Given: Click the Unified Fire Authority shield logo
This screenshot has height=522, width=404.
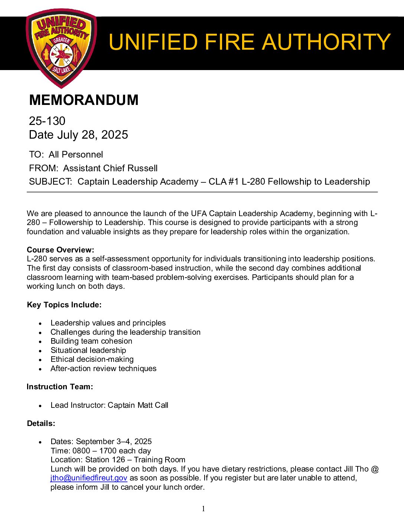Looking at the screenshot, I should [x=61, y=48].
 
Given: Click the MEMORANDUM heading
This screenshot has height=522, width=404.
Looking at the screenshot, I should [x=84, y=100].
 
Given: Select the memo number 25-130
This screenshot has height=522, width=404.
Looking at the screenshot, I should [x=47, y=121].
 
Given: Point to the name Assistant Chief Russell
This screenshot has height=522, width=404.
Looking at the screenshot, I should [x=110, y=168].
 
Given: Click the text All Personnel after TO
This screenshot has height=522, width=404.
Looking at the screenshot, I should [x=76, y=155].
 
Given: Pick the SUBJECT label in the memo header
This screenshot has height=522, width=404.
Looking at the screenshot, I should [x=50, y=182].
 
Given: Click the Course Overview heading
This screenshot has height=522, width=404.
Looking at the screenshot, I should [x=61, y=250].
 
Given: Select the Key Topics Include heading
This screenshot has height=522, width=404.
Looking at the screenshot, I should [x=64, y=305].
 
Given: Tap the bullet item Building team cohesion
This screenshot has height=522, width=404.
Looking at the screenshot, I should [x=91, y=341].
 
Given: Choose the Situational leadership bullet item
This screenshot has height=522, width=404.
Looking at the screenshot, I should [x=88, y=350].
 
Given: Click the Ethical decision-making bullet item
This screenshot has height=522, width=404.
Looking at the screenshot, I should [x=92, y=359].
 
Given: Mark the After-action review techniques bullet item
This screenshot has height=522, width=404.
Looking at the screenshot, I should [x=104, y=369].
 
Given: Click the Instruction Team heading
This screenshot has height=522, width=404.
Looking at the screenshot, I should [x=60, y=387].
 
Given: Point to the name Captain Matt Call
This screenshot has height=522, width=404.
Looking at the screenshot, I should [x=138, y=405].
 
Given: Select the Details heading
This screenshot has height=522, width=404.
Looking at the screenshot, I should [x=41, y=423].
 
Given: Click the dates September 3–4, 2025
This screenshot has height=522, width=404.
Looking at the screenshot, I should [x=114, y=442].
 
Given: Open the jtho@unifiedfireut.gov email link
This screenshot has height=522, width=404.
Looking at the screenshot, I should [x=89, y=478].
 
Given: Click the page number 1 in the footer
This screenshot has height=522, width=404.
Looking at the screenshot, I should [x=203, y=509].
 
